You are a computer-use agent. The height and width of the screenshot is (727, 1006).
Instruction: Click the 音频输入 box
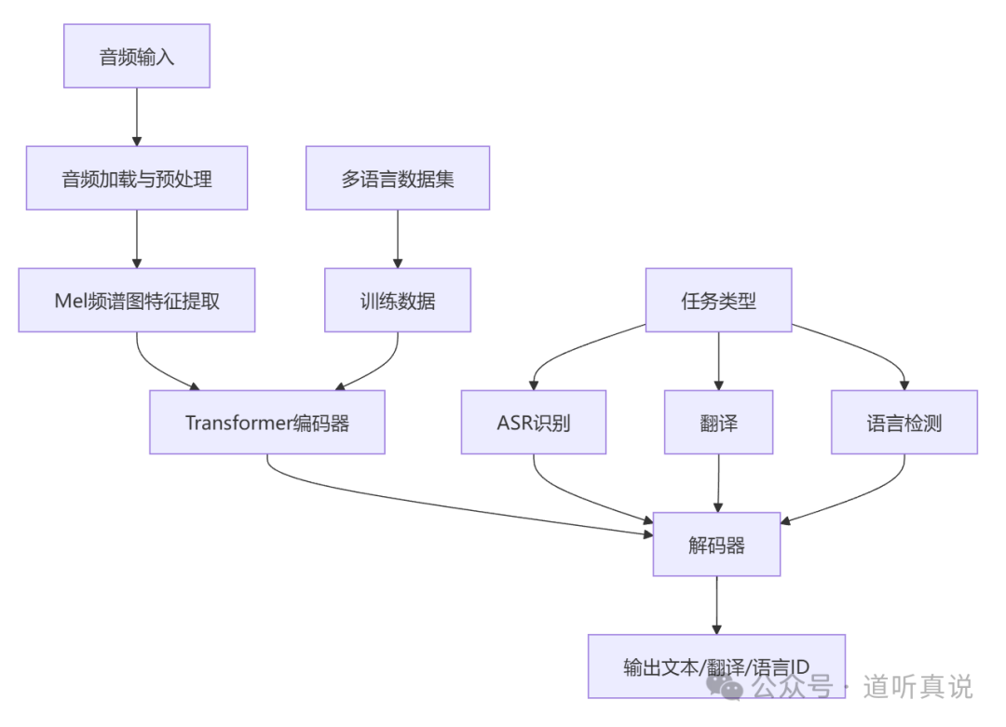pyautogui.click(x=137, y=57)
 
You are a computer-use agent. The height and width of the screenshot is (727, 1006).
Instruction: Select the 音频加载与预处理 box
pyautogui.click(x=137, y=178)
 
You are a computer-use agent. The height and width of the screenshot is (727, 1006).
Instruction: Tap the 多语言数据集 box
pyautogui.click(x=398, y=178)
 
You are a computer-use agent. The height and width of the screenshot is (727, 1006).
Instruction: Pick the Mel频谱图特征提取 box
pyautogui.click(x=137, y=300)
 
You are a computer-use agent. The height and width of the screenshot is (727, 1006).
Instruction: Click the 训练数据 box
pyautogui.click(x=398, y=300)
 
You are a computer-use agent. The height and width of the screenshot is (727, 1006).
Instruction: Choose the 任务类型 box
pyautogui.click(x=718, y=300)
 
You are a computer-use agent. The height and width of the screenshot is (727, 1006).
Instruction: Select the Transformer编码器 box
pyautogui.click(x=267, y=422)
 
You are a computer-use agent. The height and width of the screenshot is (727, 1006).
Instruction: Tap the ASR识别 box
pyautogui.click(x=534, y=422)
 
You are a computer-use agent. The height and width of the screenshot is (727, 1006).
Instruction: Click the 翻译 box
pyautogui.click(x=718, y=422)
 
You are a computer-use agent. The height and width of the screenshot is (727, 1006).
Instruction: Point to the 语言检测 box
pyautogui.click(x=904, y=422)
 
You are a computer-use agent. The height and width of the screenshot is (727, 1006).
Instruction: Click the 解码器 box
pyautogui.click(x=716, y=544)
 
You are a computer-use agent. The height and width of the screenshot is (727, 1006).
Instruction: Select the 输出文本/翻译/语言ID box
pyautogui.click(x=716, y=666)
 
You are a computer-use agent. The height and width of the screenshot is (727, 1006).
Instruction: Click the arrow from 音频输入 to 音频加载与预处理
pyautogui.click(x=137, y=116)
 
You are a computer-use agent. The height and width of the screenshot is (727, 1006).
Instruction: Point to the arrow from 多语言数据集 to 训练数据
pyautogui.click(x=398, y=238)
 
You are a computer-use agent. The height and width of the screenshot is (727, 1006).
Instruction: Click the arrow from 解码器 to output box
pyautogui.click(x=716, y=605)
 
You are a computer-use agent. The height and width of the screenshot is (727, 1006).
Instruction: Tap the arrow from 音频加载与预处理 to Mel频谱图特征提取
pyautogui.click(x=137, y=238)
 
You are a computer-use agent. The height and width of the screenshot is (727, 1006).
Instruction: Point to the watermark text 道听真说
pyautogui.click(x=918, y=687)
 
